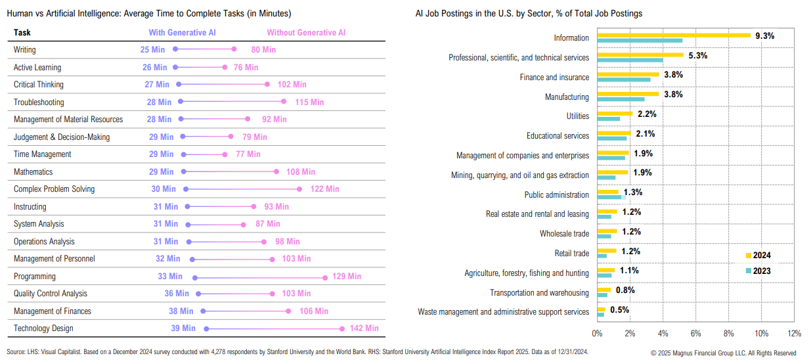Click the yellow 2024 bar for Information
pos(674,35)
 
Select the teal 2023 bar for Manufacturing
pos(621,99)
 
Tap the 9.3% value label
pos(765,36)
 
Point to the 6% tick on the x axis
pos(696,333)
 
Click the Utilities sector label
pos(578,116)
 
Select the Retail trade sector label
pos(572,254)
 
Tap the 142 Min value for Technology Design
pos(364,328)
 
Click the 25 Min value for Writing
pos(152,50)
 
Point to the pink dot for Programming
pos(325,277)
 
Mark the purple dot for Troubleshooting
pos(181,102)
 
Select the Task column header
pos(22,32)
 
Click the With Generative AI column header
pos(182,32)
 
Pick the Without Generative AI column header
pos(306,32)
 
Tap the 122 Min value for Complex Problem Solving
pos(325,189)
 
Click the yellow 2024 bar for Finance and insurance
pos(628,74)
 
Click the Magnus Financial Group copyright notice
pos(723,353)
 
